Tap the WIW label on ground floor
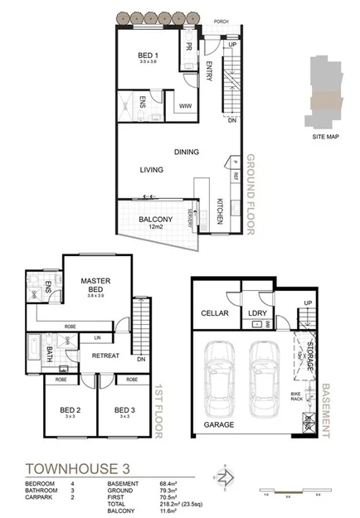(x=184, y=106)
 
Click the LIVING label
(x=151, y=170)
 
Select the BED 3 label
(x=124, y=410)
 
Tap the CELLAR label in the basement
(x=215, y=313)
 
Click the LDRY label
(x=257, y=313)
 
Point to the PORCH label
(x=221, y=22)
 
